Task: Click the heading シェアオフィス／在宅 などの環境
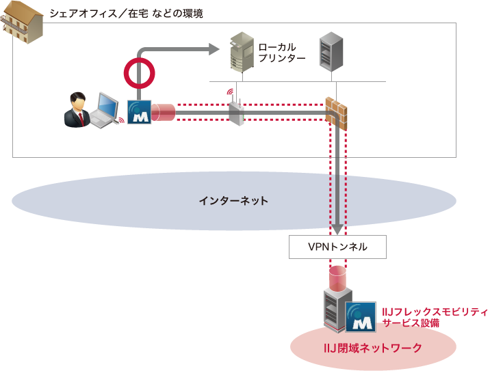click(126, 13)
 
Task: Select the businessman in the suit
click(76, 110)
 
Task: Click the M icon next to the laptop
click(140, 112)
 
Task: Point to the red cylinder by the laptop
click(163, 112)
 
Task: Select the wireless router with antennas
click(235, 109)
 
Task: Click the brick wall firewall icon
click(337, 112)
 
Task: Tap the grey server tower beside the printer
click(331, 53)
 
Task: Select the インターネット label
click(233, 201)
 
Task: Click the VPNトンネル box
click(338, 247)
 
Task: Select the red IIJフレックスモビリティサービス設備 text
click(434, 317)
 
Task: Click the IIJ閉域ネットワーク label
click(373, 348)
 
